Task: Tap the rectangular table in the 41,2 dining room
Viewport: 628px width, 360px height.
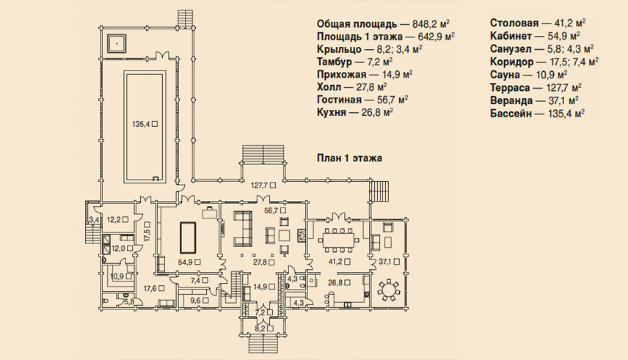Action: [339, 240]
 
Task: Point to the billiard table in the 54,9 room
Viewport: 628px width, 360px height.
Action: [188, 238]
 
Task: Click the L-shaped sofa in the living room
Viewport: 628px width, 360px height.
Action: [243, 228]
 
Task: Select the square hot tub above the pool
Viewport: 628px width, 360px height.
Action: [117, 43]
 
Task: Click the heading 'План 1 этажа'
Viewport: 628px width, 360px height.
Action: [350, 158]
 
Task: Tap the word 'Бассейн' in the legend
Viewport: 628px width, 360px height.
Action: [511, 114]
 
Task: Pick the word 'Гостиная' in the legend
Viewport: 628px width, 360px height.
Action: [339, 99]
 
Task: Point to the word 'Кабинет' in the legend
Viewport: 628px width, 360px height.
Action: [511, 37]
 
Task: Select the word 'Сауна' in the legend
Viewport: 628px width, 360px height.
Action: [505, 75]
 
